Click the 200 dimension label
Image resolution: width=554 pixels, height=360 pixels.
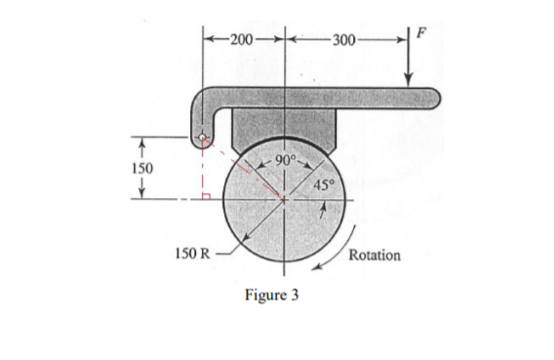(241, 39)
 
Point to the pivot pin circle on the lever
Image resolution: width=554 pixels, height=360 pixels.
(203, 138)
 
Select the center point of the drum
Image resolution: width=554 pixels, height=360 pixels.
(285, 201)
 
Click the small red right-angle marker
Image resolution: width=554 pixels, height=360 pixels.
(208, 196)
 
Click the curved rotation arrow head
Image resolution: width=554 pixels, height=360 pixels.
(314, 269)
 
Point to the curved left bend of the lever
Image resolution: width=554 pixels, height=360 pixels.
(195, 101)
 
